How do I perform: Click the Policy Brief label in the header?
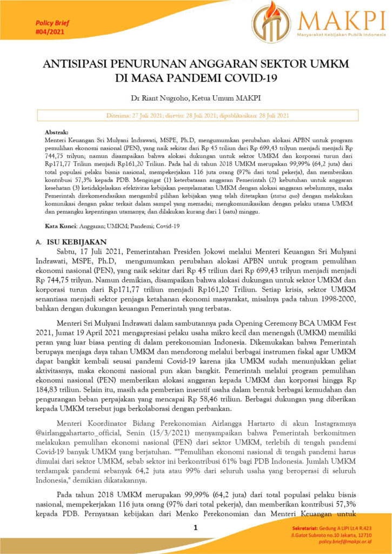[52, 23]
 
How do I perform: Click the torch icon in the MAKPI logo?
[271, 22]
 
